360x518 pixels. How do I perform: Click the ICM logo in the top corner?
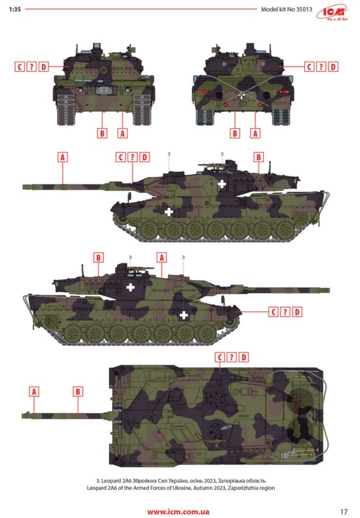332,13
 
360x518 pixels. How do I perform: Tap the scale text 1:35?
15,9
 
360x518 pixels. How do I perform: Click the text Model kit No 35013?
286,9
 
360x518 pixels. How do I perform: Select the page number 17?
344,512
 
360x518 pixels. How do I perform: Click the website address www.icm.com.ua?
178,512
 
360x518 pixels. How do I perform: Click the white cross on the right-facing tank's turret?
131,287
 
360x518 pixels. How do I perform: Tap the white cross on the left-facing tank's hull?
169,211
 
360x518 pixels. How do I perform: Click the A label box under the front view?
122,134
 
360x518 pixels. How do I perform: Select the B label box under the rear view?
234,134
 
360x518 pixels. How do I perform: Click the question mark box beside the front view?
32,67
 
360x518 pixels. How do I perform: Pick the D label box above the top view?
244,357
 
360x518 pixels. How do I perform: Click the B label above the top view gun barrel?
78,391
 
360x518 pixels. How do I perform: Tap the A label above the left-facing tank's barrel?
63,157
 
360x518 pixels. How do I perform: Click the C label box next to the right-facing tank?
274,312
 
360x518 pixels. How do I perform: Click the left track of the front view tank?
66,110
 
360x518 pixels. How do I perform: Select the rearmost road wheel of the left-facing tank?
285,229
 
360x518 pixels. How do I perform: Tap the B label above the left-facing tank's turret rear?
259,157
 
